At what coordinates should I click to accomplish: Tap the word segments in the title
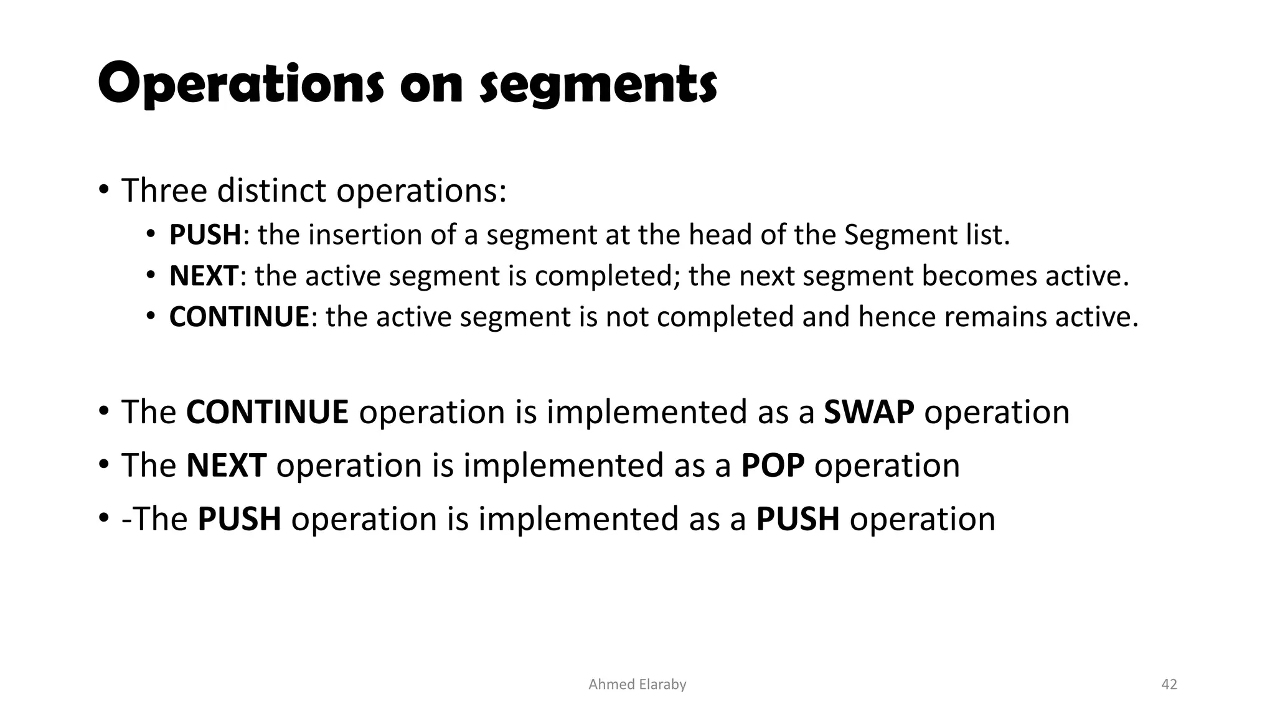click(x=599, y=85)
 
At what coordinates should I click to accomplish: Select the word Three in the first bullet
click(x=164, y=190)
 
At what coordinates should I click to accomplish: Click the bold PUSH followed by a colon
click(x=205, y=235)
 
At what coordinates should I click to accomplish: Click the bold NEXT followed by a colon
click(x=204, y=276)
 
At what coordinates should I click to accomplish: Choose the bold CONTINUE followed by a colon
click(x=239, y=317)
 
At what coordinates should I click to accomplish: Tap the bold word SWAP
click(x=869, y=412)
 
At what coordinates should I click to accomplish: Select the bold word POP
click(x=773, y=466)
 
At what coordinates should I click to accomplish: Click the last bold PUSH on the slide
click(x=797, y=519)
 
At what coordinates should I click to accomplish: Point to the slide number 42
click(x=1169, y=685)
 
